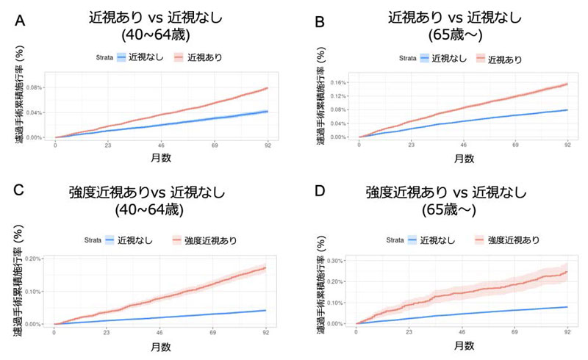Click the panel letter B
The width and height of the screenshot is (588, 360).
click(318, 23)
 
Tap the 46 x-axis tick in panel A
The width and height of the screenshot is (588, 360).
click(161, 146)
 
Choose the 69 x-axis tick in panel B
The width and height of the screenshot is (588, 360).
click(515, 146)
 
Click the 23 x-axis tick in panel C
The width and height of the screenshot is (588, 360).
click(107, 333)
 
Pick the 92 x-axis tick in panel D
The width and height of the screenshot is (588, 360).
click(567, 333)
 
